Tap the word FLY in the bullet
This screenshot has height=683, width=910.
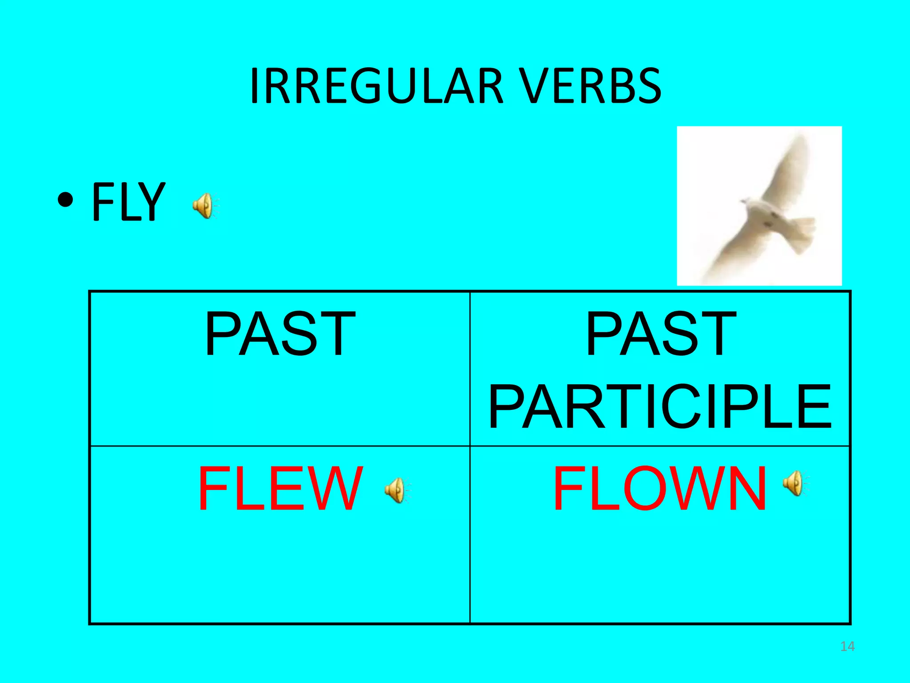pyautogui.click(x=128, y=202)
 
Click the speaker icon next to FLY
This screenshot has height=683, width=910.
pyautogui.click(x=204, y=206)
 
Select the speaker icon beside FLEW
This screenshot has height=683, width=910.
pyautogui.click(x=397, y=490)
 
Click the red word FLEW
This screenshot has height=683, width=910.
pyautogui.click(x=280, y=488)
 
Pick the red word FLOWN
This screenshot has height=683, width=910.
pyautogui.click(x=659, y=488)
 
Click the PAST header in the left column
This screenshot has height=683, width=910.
pyautogui.click(x=280, y=334)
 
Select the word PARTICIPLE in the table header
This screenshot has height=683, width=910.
pyautogui.click(x=659, y=406)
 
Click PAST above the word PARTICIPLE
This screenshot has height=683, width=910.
pyautogui.click(x=661, y=334)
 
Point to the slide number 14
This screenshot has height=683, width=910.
pyautogui.click(x=847, y=647)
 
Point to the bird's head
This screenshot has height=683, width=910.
pyautogui.click(x=747, y=203)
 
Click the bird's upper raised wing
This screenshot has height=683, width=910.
pyautogui.click(x=786, y=169)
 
